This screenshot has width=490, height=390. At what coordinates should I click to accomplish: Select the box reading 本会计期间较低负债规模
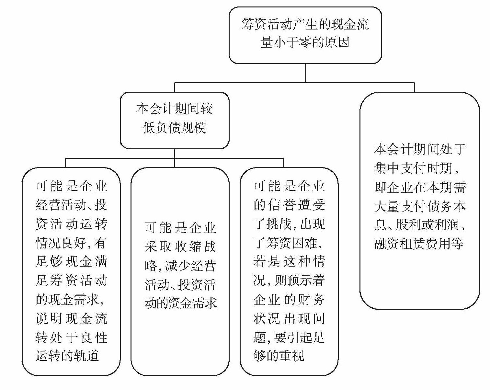pyautogui.click(x=175, y=120)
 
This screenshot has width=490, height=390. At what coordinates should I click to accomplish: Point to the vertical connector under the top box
pyautogui.click(x=305, y=73)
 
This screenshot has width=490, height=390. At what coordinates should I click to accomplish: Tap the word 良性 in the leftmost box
pyautogui.click(x=94, y=337)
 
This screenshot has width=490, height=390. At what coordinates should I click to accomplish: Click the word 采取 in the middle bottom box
pyautogui.click(x=158, y=247)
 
